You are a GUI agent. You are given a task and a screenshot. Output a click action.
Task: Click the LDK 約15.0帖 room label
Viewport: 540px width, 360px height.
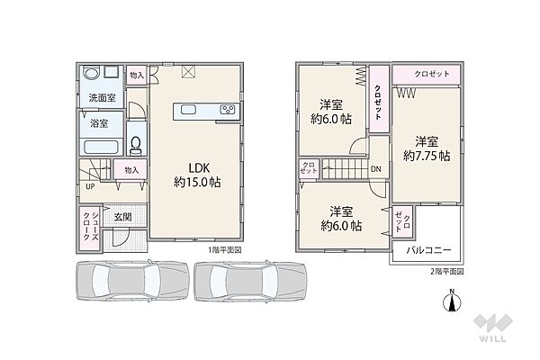click(x=197, y=175)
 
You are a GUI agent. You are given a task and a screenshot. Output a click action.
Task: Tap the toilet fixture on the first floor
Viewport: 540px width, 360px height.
click(x=136, y=146)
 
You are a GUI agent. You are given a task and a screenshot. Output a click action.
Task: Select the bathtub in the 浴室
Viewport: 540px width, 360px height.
click(x=101, y=147)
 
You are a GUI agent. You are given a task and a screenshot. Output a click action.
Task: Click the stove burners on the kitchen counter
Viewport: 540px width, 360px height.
click(x=228, y=110)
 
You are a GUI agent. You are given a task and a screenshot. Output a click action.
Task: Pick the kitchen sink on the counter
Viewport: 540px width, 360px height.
click(x=188, y=110)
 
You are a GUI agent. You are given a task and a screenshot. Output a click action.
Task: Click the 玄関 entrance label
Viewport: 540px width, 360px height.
click(x=122, y=217)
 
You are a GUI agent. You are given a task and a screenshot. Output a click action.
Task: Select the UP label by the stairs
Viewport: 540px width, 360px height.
click(x=90, y=186)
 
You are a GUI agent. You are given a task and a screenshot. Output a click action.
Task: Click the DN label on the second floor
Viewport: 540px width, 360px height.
click(x=376, y=169)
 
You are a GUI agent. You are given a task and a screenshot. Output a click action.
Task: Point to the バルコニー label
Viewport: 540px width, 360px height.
click(x=428, y=250)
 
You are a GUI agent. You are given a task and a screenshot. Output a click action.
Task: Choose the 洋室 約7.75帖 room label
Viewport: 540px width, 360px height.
click(x=427, y=148)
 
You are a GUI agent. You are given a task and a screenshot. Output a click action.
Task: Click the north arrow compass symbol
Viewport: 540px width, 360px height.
click(x=452, y=301)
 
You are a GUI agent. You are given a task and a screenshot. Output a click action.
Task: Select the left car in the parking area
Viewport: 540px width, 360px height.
click(x=132, y=281)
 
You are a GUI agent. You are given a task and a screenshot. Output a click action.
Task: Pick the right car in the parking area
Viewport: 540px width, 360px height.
click(x=250, y=281)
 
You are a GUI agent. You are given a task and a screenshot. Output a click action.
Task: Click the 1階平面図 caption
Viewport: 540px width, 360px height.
click(x=224, y=250)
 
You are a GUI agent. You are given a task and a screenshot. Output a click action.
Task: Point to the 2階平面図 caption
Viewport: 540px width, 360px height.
click(x=446, y=272)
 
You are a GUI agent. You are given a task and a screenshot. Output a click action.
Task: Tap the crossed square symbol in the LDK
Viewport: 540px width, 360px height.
click(x=188, y=71)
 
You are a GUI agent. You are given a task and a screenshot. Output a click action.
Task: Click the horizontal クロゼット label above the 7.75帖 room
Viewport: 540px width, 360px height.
click(x=432, y=74)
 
